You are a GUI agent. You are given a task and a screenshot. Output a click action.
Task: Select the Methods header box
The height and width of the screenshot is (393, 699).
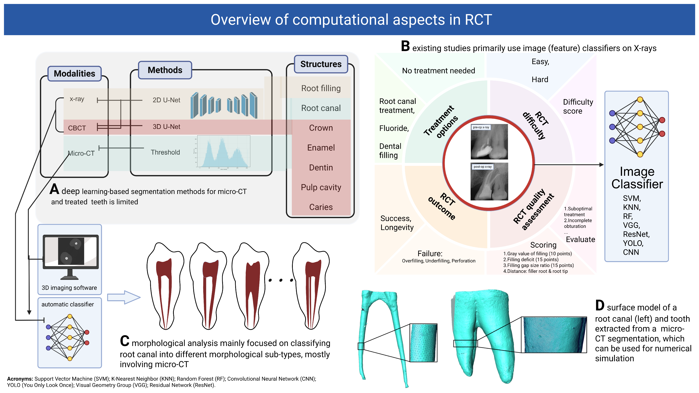(165, 70)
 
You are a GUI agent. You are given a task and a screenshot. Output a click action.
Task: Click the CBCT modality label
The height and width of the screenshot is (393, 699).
(77, 128)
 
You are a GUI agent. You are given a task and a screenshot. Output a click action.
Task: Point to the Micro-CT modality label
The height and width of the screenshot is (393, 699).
(81, 153)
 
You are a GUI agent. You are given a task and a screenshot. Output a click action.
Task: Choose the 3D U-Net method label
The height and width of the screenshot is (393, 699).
(166, 127)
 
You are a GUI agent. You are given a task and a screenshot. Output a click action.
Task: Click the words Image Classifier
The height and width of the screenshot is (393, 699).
(637, 178)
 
